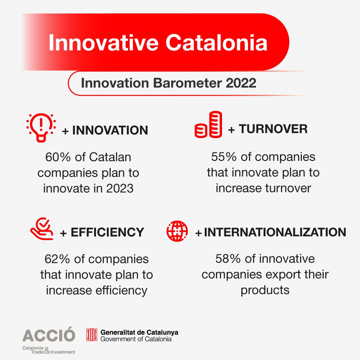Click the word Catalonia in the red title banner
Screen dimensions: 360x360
coord(216,43)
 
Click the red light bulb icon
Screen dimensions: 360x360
coord(41,128)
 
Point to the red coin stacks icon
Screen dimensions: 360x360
coord(208,124)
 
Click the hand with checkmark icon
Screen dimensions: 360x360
coord(42,229)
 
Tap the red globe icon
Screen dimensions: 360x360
coord(177,231)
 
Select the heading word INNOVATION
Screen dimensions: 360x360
coord(110,130)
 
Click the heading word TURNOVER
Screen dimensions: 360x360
coord(273,129)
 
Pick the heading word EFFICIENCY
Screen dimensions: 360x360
coord(107,232)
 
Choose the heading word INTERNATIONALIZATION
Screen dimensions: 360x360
coord(275,232)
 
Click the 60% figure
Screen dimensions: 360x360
coord(58,157)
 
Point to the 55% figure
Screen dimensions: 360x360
coord(224,157)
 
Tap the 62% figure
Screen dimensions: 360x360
coord(57,259)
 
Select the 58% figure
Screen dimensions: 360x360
coord(228,259)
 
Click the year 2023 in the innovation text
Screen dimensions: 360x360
coord(120,188)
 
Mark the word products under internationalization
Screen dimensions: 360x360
coord(265,290)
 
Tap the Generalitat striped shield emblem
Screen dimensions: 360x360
coord(92,335)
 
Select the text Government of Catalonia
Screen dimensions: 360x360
coord(136,339)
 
